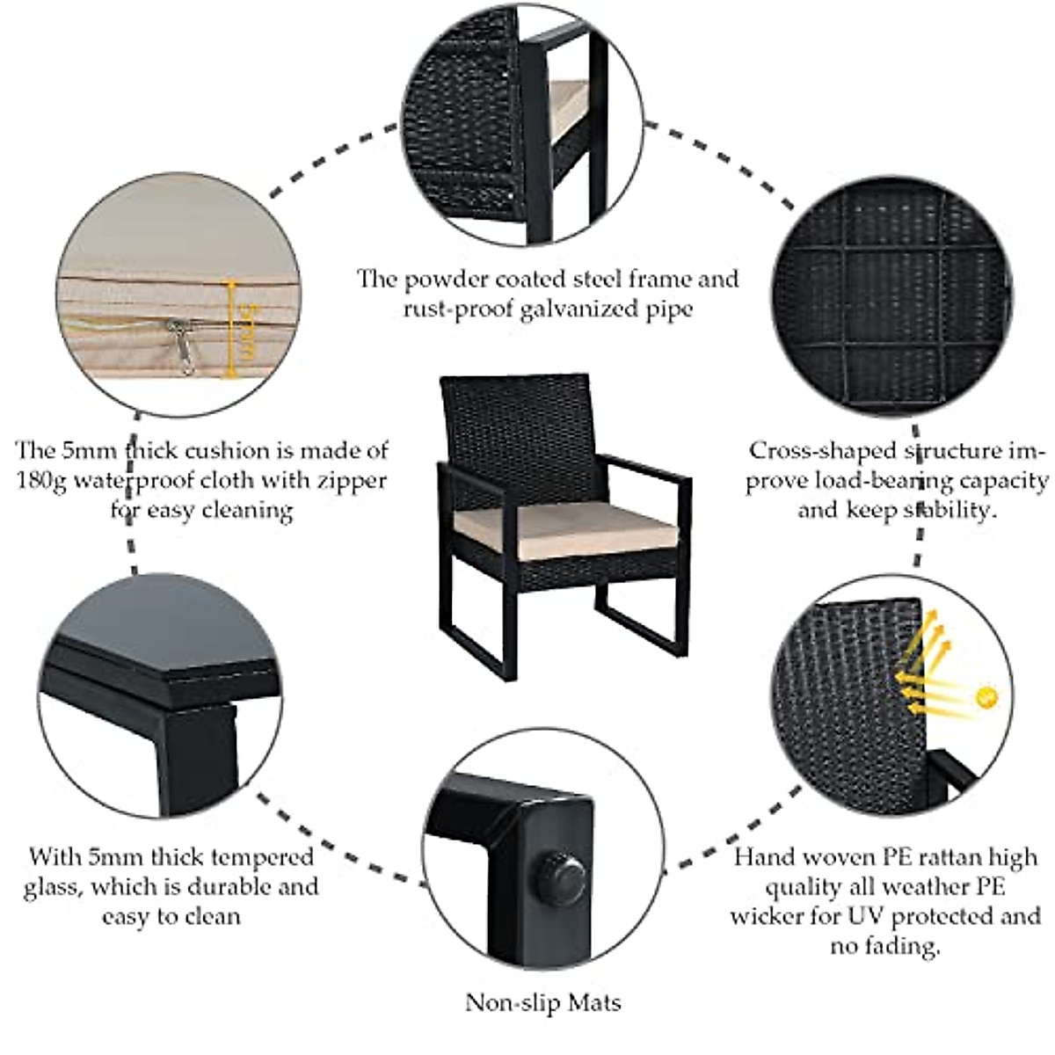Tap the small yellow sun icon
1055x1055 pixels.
pyautogui.click(x=988, y=697)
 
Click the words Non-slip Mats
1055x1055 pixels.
pyautogui.click(x=542, y=1002)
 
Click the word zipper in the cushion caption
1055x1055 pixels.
pyautogui.click(x=346, y=481)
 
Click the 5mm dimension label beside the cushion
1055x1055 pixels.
pyautogui.click(x=247, y=331)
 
